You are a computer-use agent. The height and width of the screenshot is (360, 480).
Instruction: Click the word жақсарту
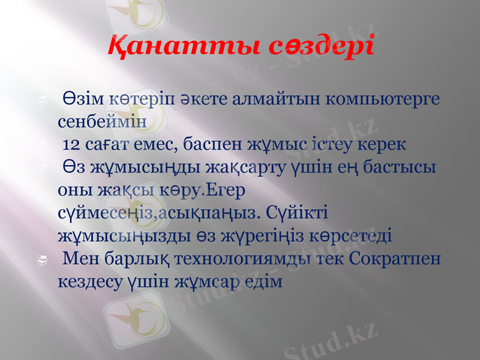[x=232, y=167]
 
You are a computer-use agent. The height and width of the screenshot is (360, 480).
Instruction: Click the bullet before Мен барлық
[x=42, y=259]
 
